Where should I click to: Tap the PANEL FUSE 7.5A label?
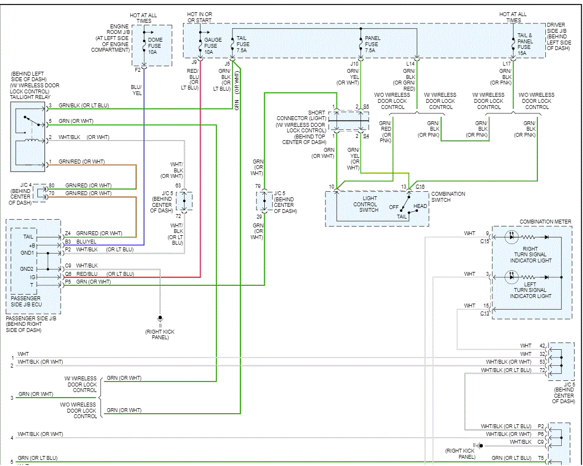pos(372,44)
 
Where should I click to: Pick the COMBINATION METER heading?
pos(545,221)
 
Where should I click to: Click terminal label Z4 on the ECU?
pos(67,234)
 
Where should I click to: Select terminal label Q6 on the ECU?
pos(67,274)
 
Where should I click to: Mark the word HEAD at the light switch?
pos(420,206)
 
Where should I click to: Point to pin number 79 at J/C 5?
pos(258,186)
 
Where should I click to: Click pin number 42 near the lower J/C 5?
pos(542,346)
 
